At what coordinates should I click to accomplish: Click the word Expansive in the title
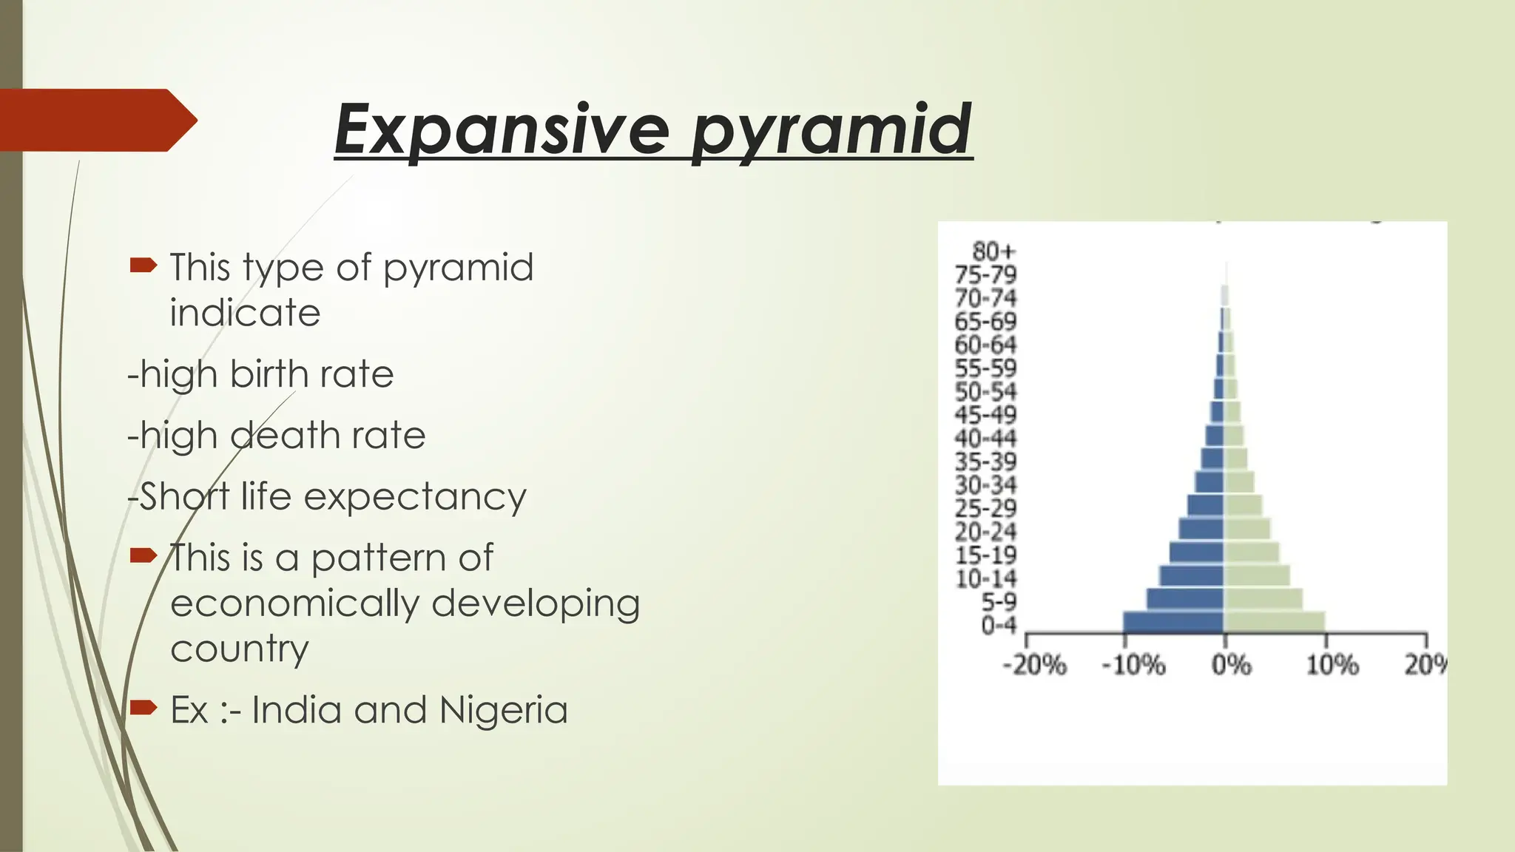click(x=501, y=129)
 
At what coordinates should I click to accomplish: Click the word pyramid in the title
click(x=831, y=130)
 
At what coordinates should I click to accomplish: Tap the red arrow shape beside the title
click(x=96, y=120)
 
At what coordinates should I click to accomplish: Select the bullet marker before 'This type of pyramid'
click(x=143, y=265)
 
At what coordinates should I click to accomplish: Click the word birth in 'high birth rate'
click(x=267, y=374)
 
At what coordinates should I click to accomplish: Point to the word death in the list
click(x=285, y=436)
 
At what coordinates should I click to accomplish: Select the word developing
click(x=535, y=603)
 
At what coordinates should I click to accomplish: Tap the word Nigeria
click(x=503, y=710)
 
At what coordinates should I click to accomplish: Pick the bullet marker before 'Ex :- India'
click(x=143, y=708)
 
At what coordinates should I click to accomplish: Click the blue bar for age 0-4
click(x=1172, y=623)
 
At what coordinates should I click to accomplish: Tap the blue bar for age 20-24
click(x=1201, y=530)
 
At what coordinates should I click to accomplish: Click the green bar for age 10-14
click(x=1256, y=576)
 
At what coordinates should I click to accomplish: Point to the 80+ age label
click(x=993, y=251)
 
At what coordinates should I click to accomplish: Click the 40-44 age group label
click(x=985, y=438)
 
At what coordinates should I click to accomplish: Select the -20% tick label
click(x=1034, y=666)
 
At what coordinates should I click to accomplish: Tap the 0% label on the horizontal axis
click(x=1231, y=666)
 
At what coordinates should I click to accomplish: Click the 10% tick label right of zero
click(x=1332, y=666)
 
